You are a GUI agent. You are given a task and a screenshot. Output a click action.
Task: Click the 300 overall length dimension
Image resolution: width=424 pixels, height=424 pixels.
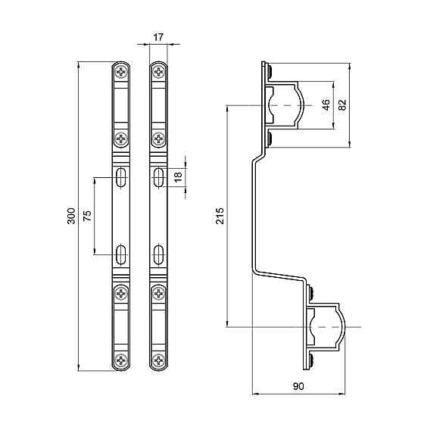(70, 217)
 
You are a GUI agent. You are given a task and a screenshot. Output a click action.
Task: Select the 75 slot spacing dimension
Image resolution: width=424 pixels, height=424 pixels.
(87, 215)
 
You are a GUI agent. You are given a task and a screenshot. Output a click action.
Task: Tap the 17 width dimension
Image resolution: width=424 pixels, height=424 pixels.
(157, 36)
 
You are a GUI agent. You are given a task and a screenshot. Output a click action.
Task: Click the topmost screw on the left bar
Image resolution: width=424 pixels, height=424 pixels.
(122, 72)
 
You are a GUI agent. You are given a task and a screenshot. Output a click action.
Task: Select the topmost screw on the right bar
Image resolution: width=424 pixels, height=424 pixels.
(158, 72)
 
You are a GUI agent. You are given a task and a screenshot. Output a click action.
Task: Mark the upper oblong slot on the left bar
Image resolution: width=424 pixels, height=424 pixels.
(122, 178)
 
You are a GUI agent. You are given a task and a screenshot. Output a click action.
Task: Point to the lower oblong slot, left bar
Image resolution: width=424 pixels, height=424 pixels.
(122, 252)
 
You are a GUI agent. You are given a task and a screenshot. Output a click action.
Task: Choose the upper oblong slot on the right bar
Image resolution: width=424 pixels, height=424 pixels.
(158, 178)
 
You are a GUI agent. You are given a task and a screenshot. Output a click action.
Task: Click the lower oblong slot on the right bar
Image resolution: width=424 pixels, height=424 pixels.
(158, 252)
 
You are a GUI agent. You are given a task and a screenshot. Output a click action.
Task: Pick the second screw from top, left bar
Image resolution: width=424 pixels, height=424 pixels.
(122, 139)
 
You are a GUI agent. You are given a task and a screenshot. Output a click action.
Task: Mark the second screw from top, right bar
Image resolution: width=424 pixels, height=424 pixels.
(158, 139)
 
